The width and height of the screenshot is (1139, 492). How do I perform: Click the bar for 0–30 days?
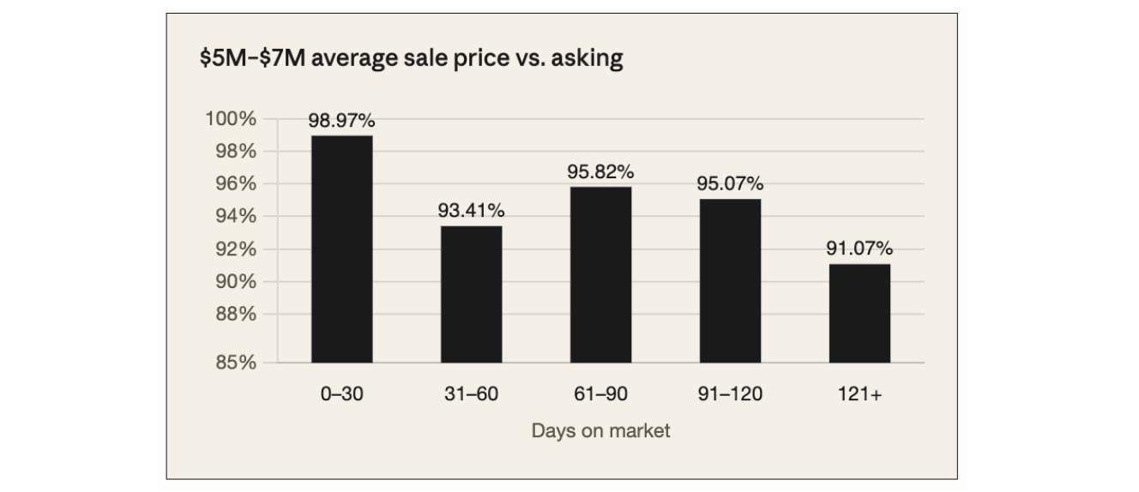(x=341, y=249)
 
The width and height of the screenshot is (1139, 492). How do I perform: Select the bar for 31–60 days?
(x=472, y=294)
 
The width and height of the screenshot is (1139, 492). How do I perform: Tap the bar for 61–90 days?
(x=600, y=274)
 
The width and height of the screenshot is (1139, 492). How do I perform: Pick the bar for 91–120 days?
(x=730, y=280)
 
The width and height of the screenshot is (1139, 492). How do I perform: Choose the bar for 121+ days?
(x=860, y=313)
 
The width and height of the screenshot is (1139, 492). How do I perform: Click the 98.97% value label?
(x=341, y=121)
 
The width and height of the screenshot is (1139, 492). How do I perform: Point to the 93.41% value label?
(x=472, y=210)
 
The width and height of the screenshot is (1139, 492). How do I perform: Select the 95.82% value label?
(x=600, y=171)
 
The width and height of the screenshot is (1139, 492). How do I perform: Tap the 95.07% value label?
(x=730, y=183)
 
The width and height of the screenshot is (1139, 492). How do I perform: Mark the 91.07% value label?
(x=860, y=248)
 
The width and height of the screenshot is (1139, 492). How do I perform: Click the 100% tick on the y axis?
(x=231, y=118)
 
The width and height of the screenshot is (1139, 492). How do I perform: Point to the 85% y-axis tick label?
(x=236, y=363)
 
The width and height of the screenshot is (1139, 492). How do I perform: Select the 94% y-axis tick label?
(x=236, y=216)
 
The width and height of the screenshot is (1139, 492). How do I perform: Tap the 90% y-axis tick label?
(x=236, y=281)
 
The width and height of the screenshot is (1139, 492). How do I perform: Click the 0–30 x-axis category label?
(x=341, y=394)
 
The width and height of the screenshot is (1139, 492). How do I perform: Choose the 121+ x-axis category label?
(x=860, y=394)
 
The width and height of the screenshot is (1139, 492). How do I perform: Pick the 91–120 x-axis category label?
(x=730, y=394)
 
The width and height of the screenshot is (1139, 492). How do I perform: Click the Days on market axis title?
(x=600, y=430)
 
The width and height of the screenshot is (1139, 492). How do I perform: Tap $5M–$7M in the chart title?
(x=253, y=57)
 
